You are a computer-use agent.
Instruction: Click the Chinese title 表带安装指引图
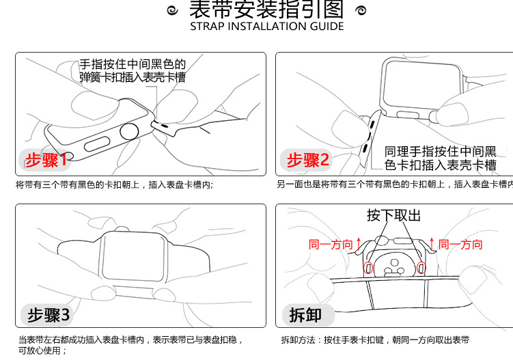point(266,10)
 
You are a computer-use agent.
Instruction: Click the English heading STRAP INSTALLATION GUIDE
point(266,27)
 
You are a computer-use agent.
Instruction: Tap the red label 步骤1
point(46,161)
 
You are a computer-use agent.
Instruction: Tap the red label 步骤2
point(307,161)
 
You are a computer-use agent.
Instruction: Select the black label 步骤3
point(48,316)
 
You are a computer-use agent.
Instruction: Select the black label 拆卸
point(305,316)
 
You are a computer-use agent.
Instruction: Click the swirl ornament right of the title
point(361,10)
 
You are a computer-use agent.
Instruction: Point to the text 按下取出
point(393,216)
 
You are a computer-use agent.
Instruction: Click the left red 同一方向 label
point(331,245)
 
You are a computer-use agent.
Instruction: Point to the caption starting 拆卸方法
point(375,340)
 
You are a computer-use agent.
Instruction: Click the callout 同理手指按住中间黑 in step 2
point(440,158)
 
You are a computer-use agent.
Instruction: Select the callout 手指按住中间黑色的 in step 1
point(133,70)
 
